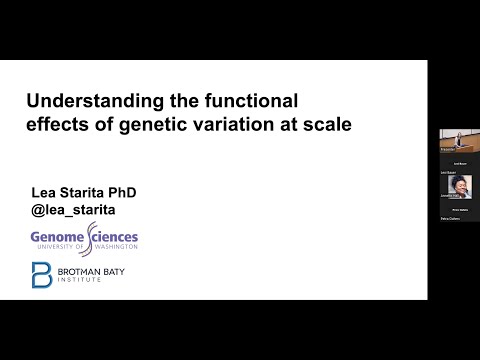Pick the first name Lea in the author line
coord(42,190)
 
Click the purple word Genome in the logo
coord(58,237)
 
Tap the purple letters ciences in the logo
coord(119,237)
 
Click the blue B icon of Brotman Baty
coord(42,275)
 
